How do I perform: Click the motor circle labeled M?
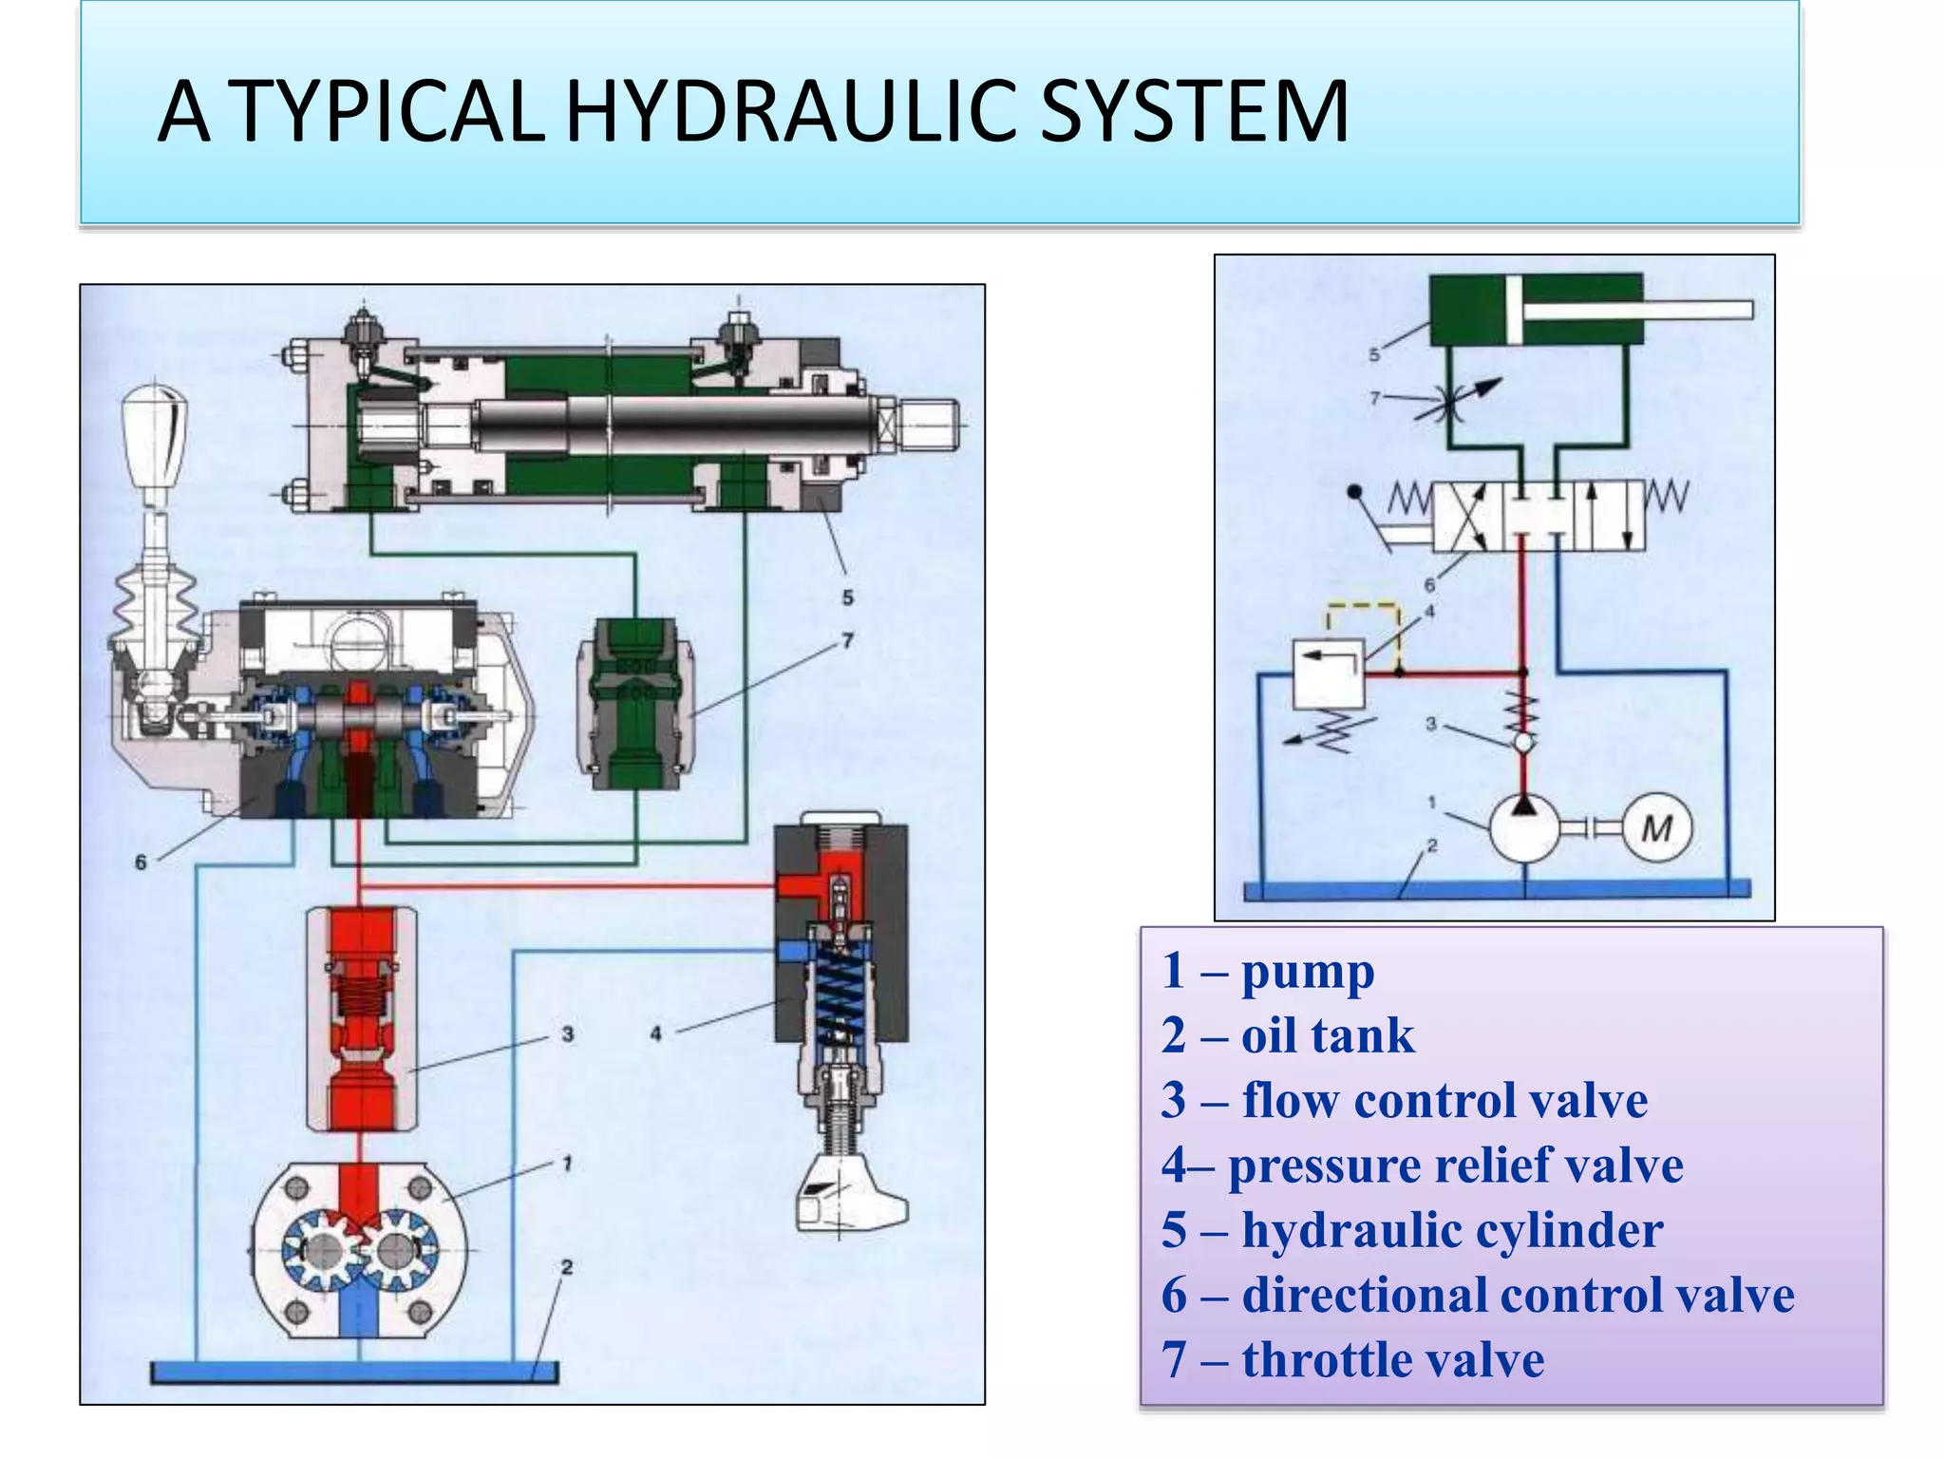[x=1656, y=828]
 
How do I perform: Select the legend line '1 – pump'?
[x=1267, y=971]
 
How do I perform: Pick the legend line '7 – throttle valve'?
[x=1352, y=1359]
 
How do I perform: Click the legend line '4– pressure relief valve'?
[x=1422, y=1165]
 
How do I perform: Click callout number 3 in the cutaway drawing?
[x=567, y=1033]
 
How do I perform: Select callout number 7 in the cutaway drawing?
[x=847, y=641]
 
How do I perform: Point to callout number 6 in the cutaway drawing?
[x=141, y=862]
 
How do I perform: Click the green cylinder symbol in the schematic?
[x=1535, y=310]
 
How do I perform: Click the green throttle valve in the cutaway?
[x=634, y=703]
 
